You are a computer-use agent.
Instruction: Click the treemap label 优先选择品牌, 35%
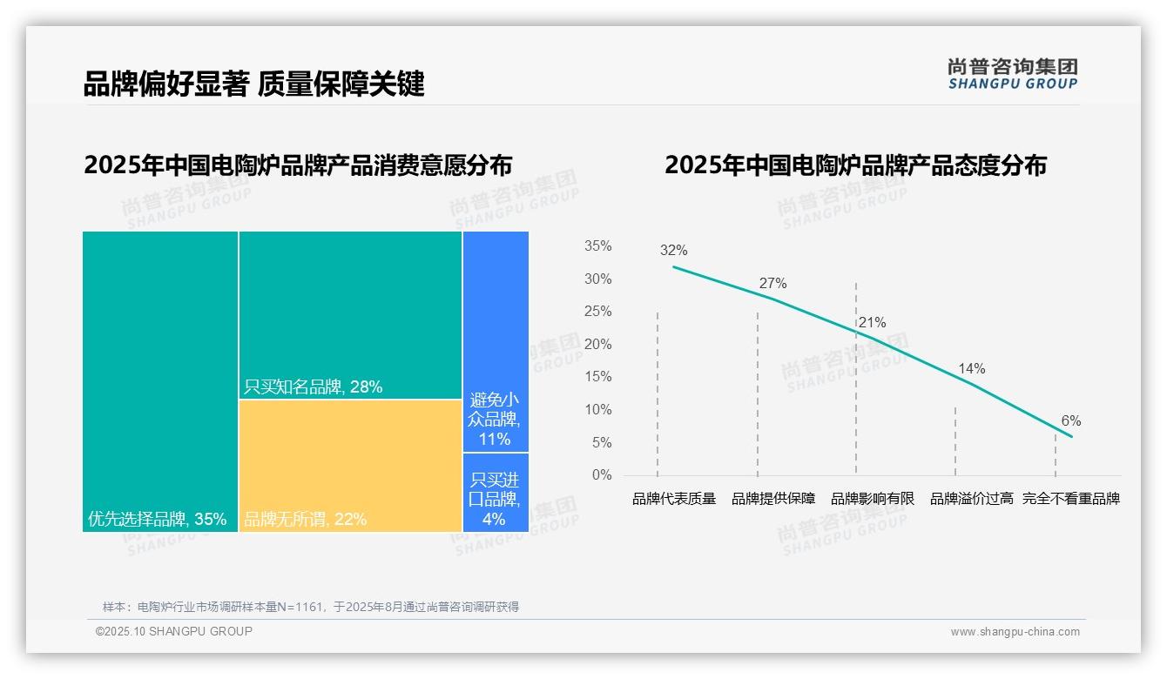(157, 520)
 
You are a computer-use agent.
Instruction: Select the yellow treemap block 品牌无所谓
(350, 465)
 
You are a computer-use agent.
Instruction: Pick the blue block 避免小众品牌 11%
(495, 419)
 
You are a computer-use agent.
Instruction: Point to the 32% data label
(673, 251)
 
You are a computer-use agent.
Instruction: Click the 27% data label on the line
(772, 284)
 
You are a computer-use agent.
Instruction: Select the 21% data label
(872, 323)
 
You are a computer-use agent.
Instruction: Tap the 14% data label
(971, 369)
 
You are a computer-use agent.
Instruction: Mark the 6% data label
(1070, 421)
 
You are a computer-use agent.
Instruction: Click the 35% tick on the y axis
(597, 246)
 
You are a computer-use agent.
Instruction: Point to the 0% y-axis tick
(602, 475)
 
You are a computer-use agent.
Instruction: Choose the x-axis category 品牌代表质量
(673, 499)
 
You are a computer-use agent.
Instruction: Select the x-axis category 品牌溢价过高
(971, 499)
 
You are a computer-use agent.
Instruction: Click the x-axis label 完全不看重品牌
(1070, 499)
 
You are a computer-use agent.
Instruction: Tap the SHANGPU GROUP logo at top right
(1012, 74)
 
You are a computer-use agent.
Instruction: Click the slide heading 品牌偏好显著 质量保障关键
(253, 84)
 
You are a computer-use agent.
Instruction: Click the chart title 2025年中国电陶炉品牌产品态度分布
(855, 165)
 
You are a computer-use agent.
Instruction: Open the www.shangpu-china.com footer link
(1015, 632)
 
